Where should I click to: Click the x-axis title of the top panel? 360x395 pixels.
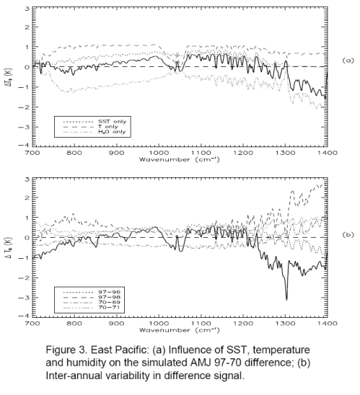[x=180, y=160]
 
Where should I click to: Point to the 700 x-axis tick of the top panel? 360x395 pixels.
[x=32, y=154]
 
